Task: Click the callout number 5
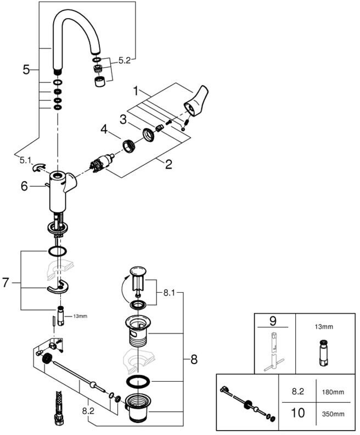coord(26,69)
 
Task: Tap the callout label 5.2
coord(125,60)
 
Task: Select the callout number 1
coord(136,91)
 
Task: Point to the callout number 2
coord(168,164)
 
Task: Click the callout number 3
coord(123,120)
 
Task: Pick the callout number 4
coord(104,129)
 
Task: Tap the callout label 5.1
coord(25,160)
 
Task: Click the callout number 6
coord(24,186)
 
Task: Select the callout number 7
coord(5,283)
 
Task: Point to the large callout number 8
coord(194,360)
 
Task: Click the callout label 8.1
coord(169,293)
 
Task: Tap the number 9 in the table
coord(273,321)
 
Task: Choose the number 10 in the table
coord(298,413)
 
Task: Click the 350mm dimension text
coord(333,414)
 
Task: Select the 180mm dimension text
coord(333,392)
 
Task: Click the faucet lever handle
coord(196,101)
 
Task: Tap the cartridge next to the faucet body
coord(101,163)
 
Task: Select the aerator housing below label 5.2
coord(99,82)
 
